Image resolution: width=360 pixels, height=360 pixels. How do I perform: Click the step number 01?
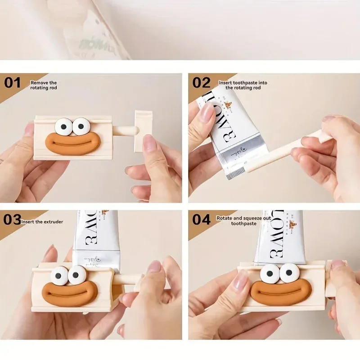click(x=13, y=82)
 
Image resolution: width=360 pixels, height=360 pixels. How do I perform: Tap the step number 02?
click(x=202, y=82)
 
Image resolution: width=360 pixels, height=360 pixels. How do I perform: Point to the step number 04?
click(x=202, y=220)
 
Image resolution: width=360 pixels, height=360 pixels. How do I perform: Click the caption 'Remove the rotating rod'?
click(x=44, y=85)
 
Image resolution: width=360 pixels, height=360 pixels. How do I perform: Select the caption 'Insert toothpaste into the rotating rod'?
click(x=243, y=85)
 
